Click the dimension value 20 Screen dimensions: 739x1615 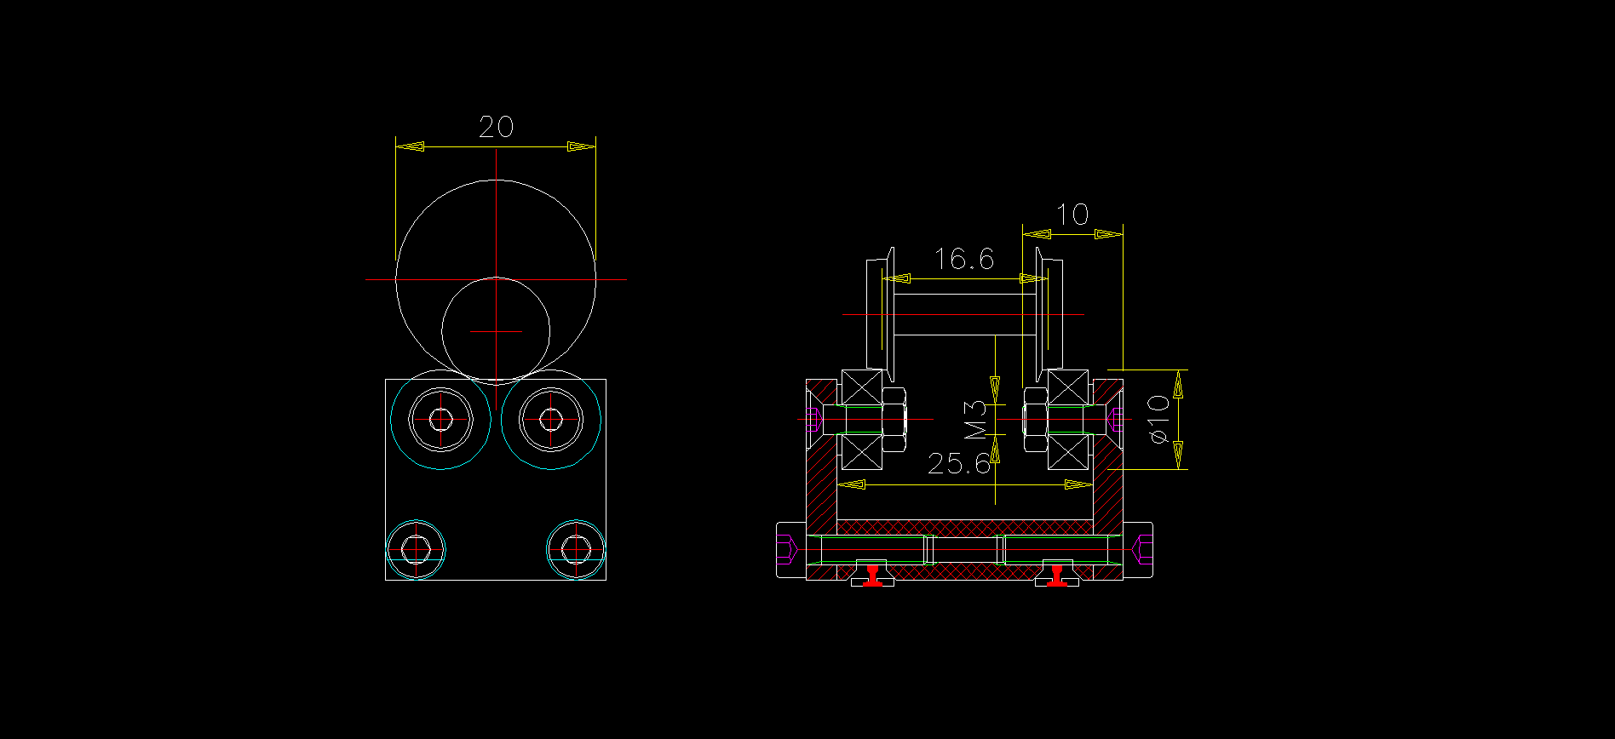pos(496,128)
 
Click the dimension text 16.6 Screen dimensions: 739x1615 pos(963,259)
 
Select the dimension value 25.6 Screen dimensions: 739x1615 pos(959,464)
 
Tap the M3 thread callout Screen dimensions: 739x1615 pos(976,420)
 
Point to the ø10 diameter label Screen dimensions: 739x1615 pos(1159,419)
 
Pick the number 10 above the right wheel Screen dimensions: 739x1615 pos(1072,215)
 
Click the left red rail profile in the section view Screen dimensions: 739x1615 pos(872,576)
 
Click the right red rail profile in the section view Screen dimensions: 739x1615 pos(1058,576)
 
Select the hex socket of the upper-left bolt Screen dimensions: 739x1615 pos(440,419)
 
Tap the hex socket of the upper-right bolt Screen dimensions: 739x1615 pos(551,419)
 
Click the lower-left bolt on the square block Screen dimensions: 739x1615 pos(417,549)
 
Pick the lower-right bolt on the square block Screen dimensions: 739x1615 pos(576,549)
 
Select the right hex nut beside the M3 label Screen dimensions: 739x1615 pos(1035,419)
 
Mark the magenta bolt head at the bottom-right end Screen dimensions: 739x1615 pos(1144,549)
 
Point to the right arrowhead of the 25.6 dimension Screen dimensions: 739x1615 pos(1078,484)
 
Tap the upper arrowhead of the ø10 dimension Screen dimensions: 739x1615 pos(1179,388)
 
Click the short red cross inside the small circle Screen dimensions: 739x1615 pos(497,331)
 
